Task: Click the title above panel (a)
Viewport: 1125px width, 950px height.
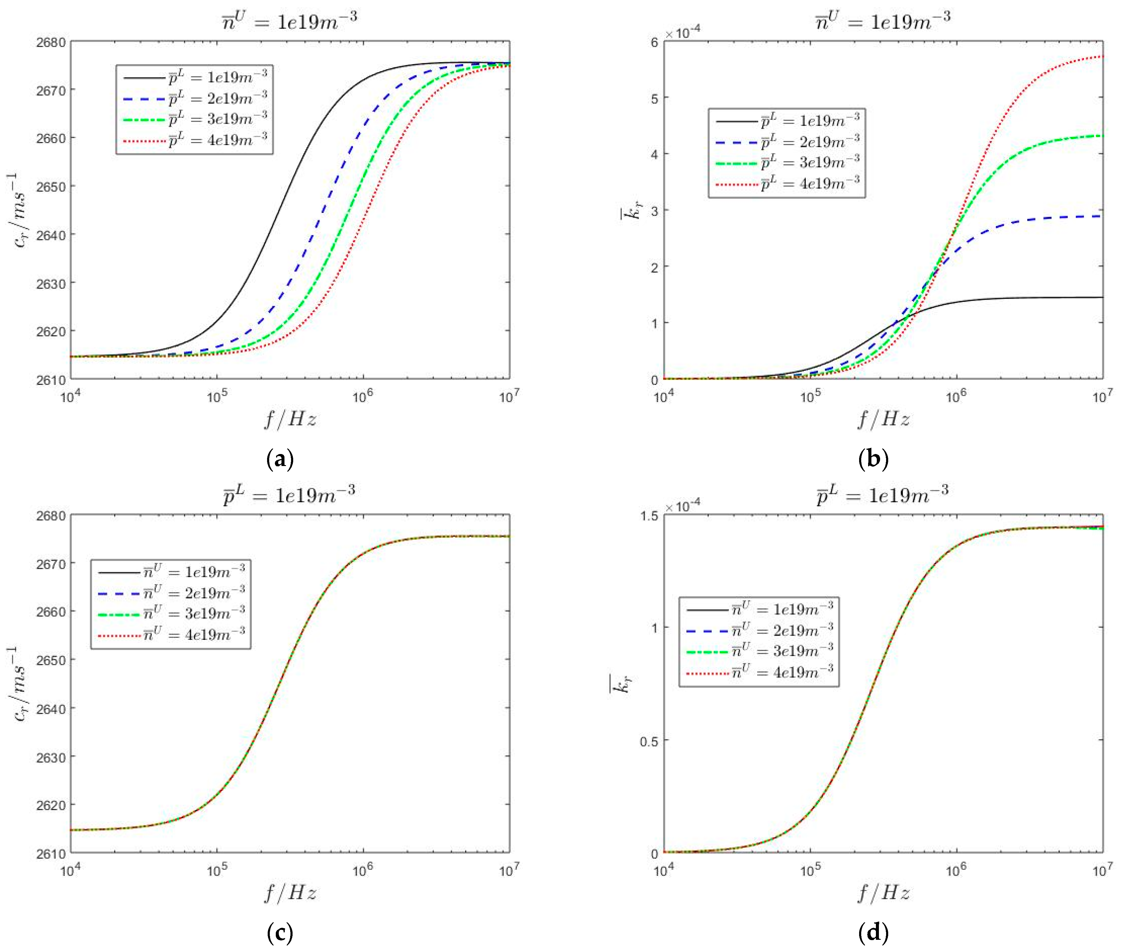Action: click(289, 20)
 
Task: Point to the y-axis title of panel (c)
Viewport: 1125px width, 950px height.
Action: click(22, 684)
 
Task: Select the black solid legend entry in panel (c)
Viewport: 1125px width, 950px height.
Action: click(170, 572)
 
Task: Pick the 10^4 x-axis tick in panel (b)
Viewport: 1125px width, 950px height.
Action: click(663, 397)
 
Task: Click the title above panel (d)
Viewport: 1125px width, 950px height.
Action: click(882, 494)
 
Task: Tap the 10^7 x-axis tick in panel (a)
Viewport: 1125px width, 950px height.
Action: click(509, 397)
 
